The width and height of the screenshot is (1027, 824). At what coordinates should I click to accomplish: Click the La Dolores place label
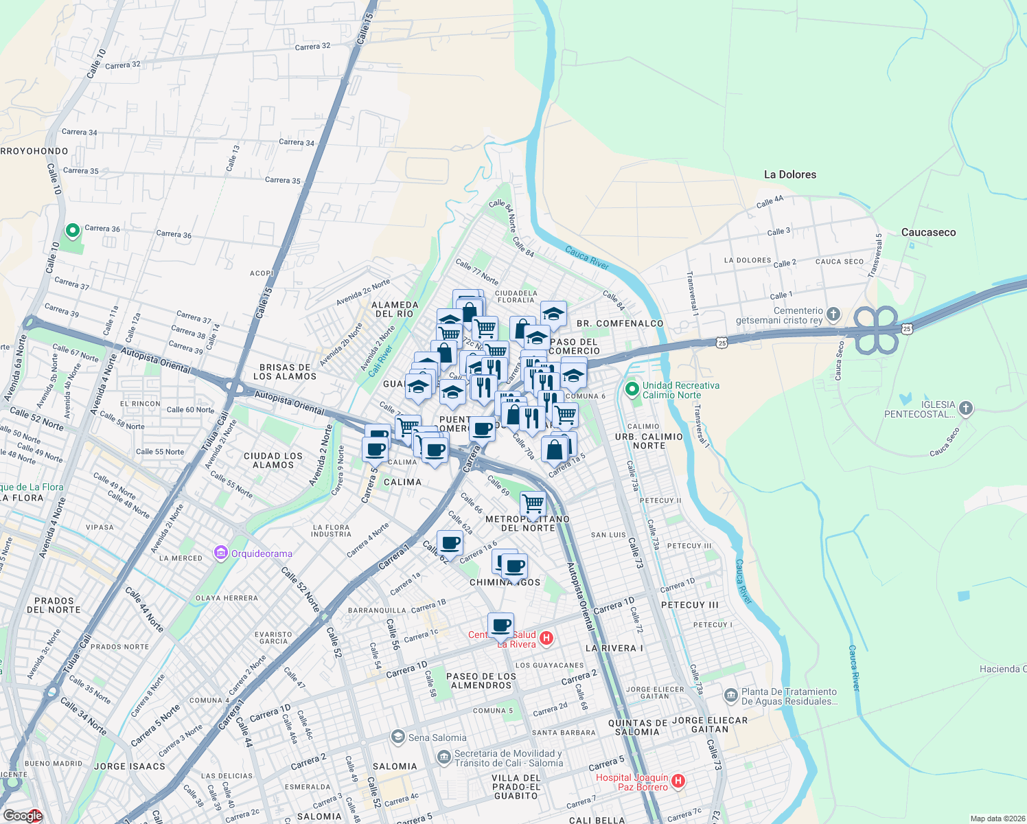pos(790,174)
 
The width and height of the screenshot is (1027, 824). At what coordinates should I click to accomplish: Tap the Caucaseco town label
pos(928,232)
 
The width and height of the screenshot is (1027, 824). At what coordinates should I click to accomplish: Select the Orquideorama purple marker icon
pos(220,553)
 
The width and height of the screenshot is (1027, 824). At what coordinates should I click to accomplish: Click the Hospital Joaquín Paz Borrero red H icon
pos(678,781)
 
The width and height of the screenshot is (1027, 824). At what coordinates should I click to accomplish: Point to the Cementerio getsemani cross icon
pos(833,315)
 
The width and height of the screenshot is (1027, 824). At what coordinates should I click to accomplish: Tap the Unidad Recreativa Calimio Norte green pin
pos(632,389)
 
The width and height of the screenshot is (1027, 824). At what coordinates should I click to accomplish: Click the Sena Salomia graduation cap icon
pos(397,737)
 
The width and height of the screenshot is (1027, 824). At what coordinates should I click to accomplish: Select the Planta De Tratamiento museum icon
pos(731,696)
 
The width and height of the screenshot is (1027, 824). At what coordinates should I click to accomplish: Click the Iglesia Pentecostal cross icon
pos(965,409)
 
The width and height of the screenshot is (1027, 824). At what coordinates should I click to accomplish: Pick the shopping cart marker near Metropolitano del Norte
pos(533,503)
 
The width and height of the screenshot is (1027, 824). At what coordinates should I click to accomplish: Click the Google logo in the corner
pos(23,815)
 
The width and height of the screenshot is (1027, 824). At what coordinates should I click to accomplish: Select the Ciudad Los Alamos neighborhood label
pos(273,460)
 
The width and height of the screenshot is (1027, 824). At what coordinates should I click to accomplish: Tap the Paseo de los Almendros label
pos(481,680)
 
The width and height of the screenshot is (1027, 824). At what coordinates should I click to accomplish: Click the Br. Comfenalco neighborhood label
pos(620,323)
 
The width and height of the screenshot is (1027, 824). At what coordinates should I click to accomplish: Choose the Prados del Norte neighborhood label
pos(54,605)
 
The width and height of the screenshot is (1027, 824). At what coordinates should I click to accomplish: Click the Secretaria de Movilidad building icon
pos(444,758)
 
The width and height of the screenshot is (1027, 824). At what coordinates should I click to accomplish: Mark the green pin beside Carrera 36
pos(72,231)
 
